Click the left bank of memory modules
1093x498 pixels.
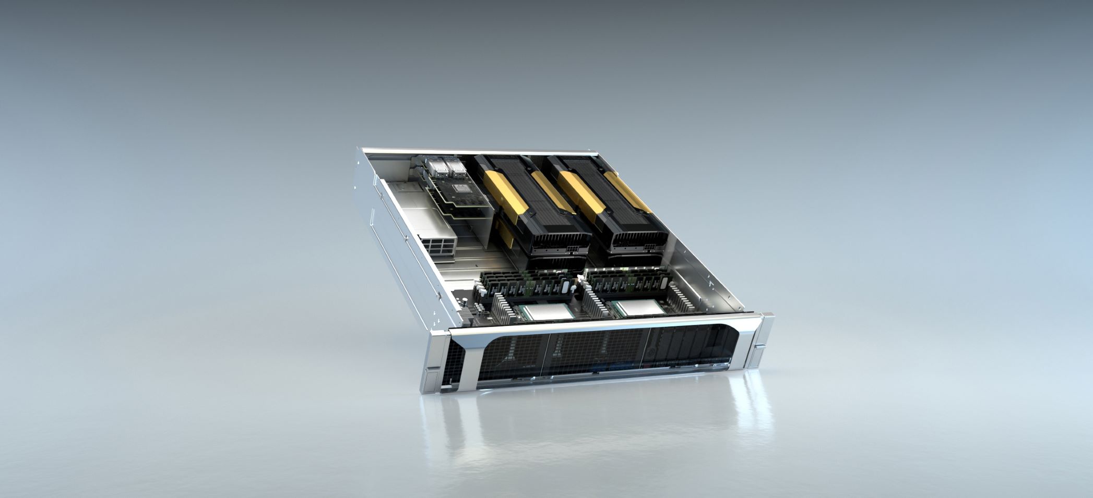(x=522, y=285)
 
